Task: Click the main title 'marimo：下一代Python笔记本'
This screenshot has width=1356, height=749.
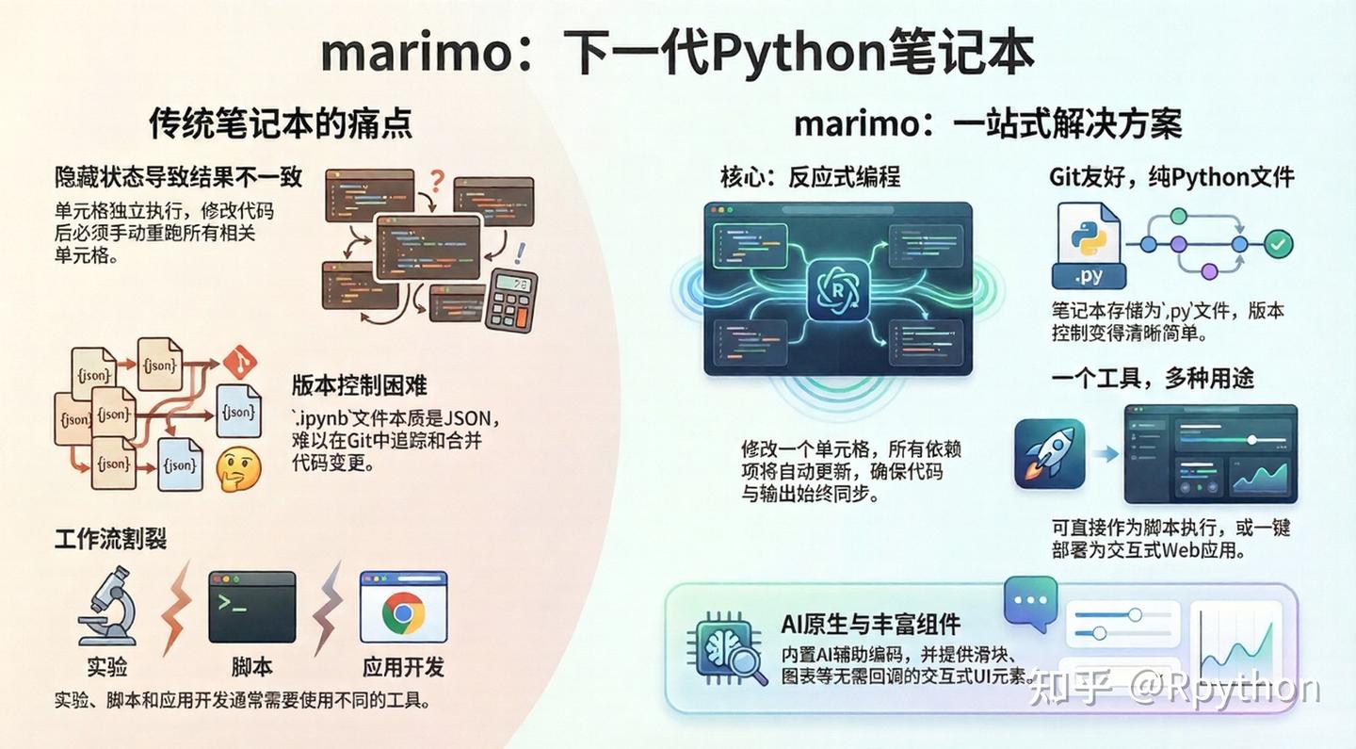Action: pyautogui.click(x=677, y=55)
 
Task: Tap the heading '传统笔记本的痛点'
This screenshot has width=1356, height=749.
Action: pyautogui.click(x=281, y=123)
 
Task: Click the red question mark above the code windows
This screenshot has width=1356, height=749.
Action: pyautogui.click(x=435, y=179)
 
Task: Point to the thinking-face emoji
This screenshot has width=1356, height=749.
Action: pyautogui.click(x=238, y=468)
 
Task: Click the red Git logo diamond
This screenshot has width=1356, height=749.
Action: pyautogui.click(x=240, y=360)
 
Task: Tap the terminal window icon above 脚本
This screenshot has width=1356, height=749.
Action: pyautogui.click(x=251, y=606)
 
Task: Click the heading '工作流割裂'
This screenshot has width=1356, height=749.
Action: pyautogui.click(x=110, y=539)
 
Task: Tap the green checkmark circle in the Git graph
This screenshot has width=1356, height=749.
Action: pyautogui.click(x=1277, y=245)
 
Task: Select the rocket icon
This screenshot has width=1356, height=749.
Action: pyautogui.click(x=1049, y=453)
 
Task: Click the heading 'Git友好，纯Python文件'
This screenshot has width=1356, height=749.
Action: pyautogui.click(x=1171, y=177)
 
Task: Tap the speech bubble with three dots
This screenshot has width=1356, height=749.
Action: pyautogui.click(x=1030, y=602)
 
